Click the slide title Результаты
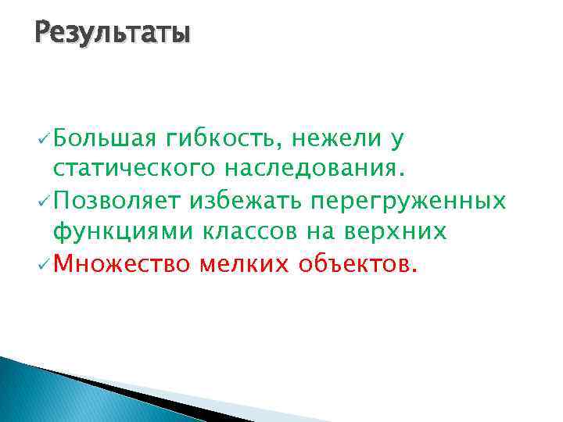tap(113, 35)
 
